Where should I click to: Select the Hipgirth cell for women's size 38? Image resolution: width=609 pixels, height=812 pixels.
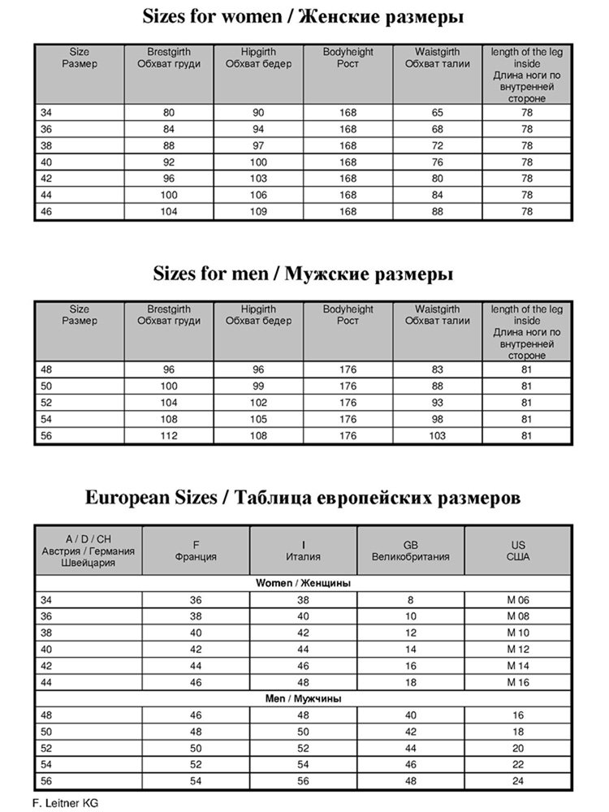257,145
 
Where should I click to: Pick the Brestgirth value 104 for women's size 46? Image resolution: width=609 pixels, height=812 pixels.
169,210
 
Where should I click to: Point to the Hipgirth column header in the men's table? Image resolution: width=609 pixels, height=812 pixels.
257,315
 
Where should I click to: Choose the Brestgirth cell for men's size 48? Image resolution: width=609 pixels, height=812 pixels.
169,369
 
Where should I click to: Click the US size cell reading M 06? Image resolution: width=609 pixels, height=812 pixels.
518,599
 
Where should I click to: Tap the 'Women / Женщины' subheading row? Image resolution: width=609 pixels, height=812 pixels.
304,583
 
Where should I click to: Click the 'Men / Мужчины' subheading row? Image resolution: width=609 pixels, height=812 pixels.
304,698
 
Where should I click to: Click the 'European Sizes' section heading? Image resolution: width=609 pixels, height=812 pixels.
304,497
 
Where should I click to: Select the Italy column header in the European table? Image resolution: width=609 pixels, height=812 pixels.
303,551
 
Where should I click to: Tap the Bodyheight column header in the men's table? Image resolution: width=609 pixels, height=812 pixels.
348,315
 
